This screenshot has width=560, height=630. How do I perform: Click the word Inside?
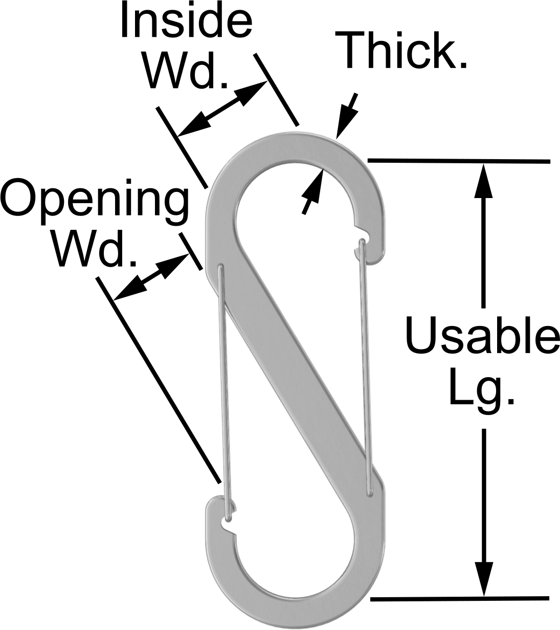187,20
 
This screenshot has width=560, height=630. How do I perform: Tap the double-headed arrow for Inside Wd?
222,108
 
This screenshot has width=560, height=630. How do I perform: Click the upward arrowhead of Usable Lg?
483,180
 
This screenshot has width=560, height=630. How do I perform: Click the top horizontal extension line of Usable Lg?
459,161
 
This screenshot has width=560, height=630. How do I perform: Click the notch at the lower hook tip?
228,526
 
